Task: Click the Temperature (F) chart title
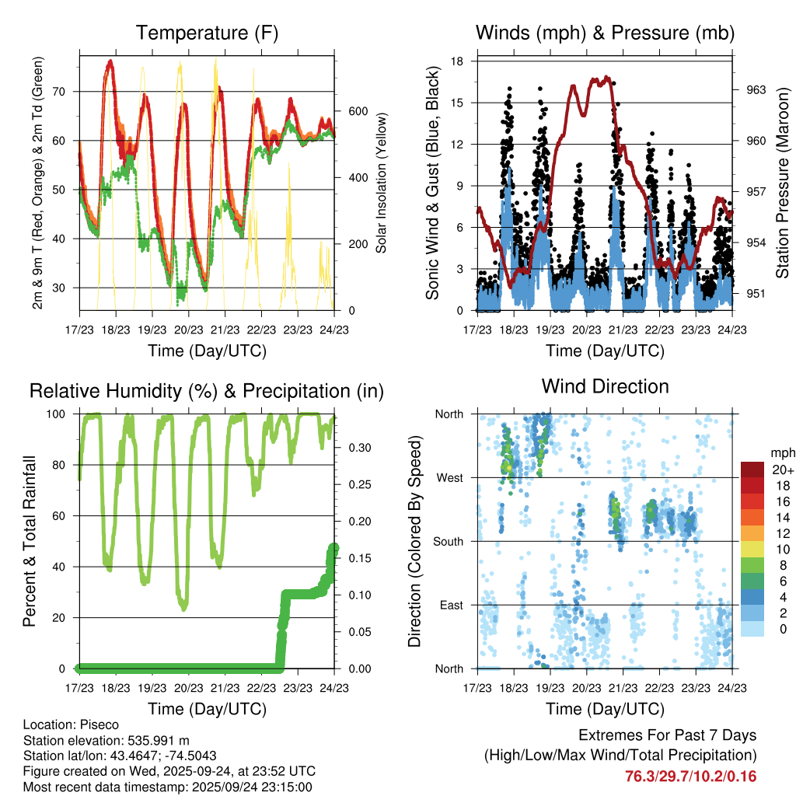pyautogui.click(x=207, y=33)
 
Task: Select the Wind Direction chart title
pyautogui.click(x=605, y=386)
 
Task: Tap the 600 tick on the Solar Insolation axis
pyautogui.click(x=357, y=111)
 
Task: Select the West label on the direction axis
pyautogui.click(x=449, y=477)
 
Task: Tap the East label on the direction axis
pyautogui.click(x=451, y=605)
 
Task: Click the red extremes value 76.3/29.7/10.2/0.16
pyautogui.click(x=690, y=777)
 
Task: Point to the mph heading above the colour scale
pyautogui.click(x=780, y=452)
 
